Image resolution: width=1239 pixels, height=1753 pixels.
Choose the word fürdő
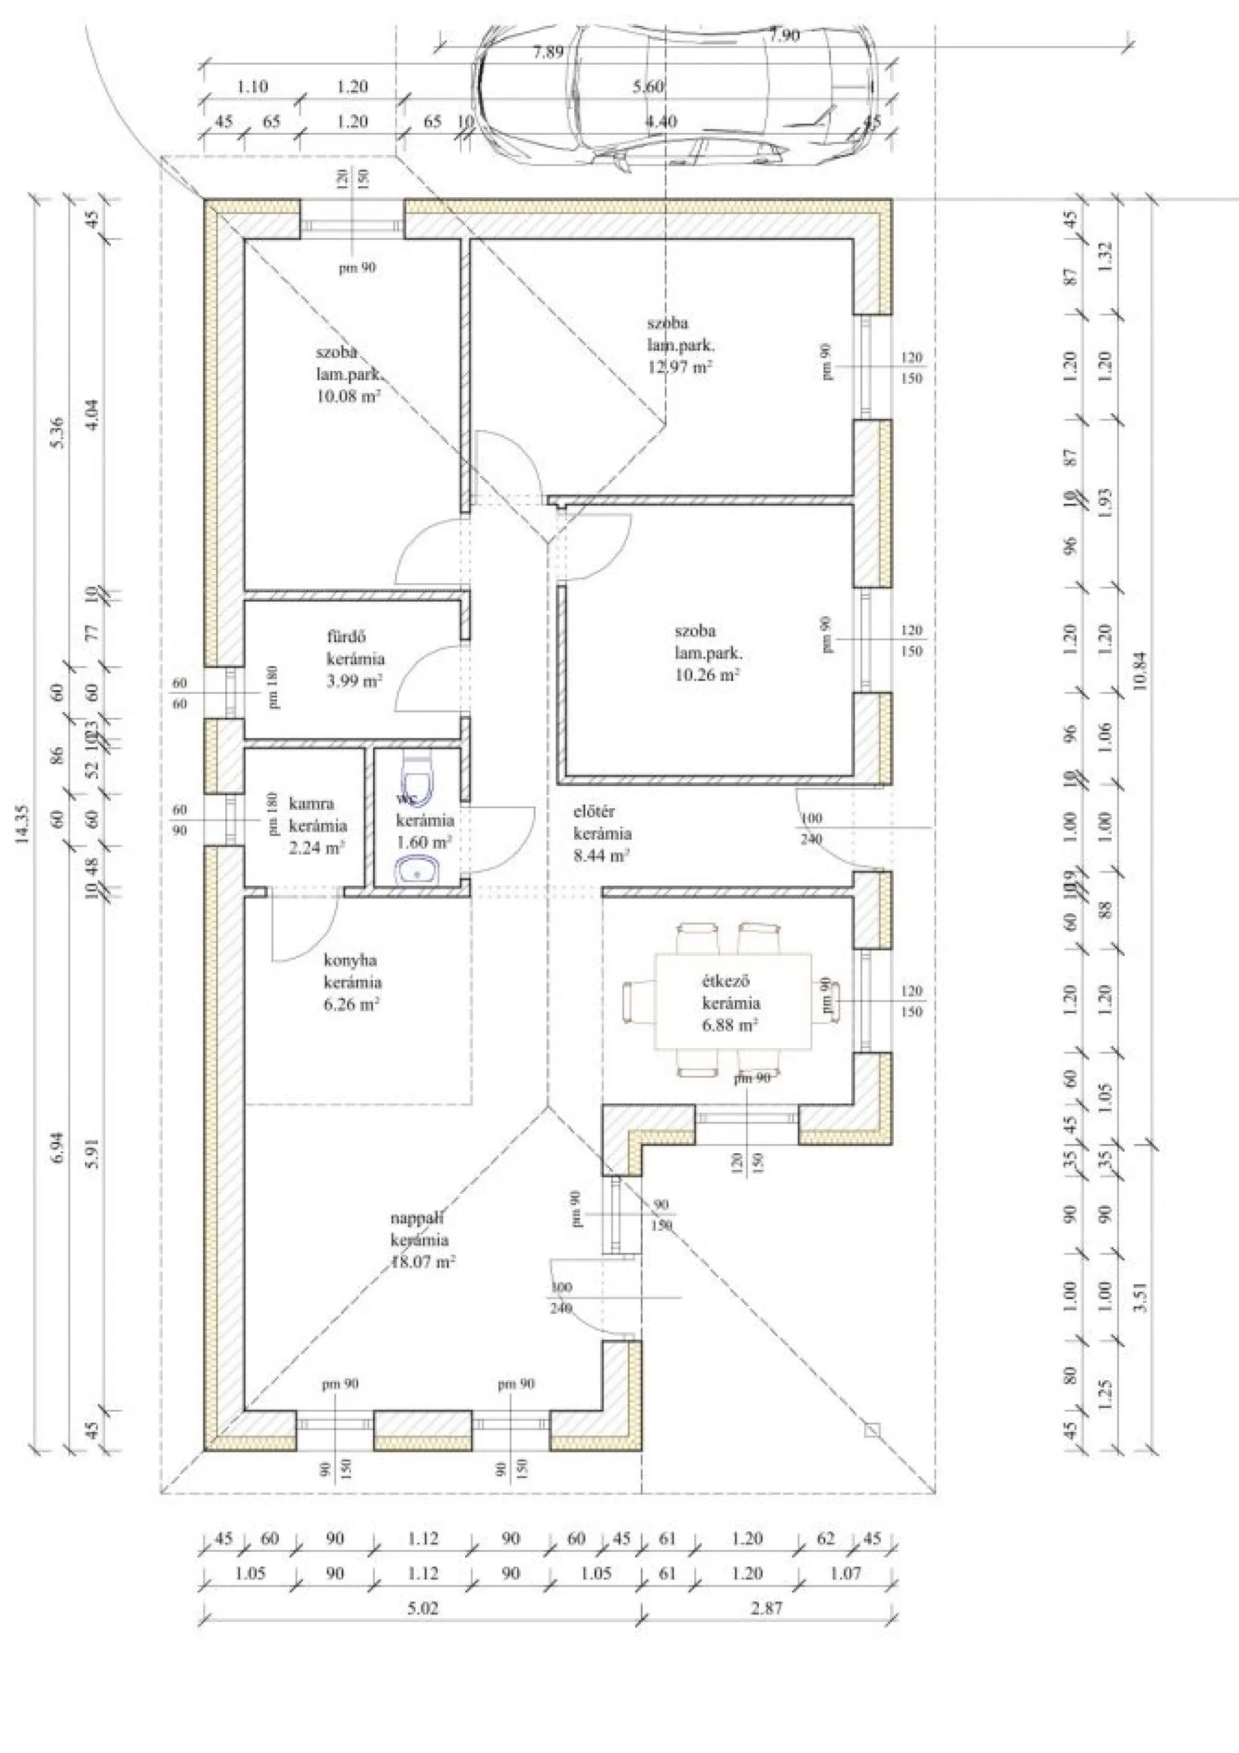347,636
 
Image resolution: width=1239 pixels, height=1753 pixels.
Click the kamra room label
311,804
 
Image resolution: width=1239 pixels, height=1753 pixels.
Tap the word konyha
350,960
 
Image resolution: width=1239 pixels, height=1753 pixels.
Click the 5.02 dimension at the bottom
423,1608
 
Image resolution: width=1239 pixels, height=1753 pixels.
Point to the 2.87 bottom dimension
766,1608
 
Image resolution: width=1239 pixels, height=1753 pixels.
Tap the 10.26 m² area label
707,675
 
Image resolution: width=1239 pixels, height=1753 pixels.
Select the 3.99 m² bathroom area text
354,681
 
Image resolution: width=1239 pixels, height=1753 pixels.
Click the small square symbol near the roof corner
872,1430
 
